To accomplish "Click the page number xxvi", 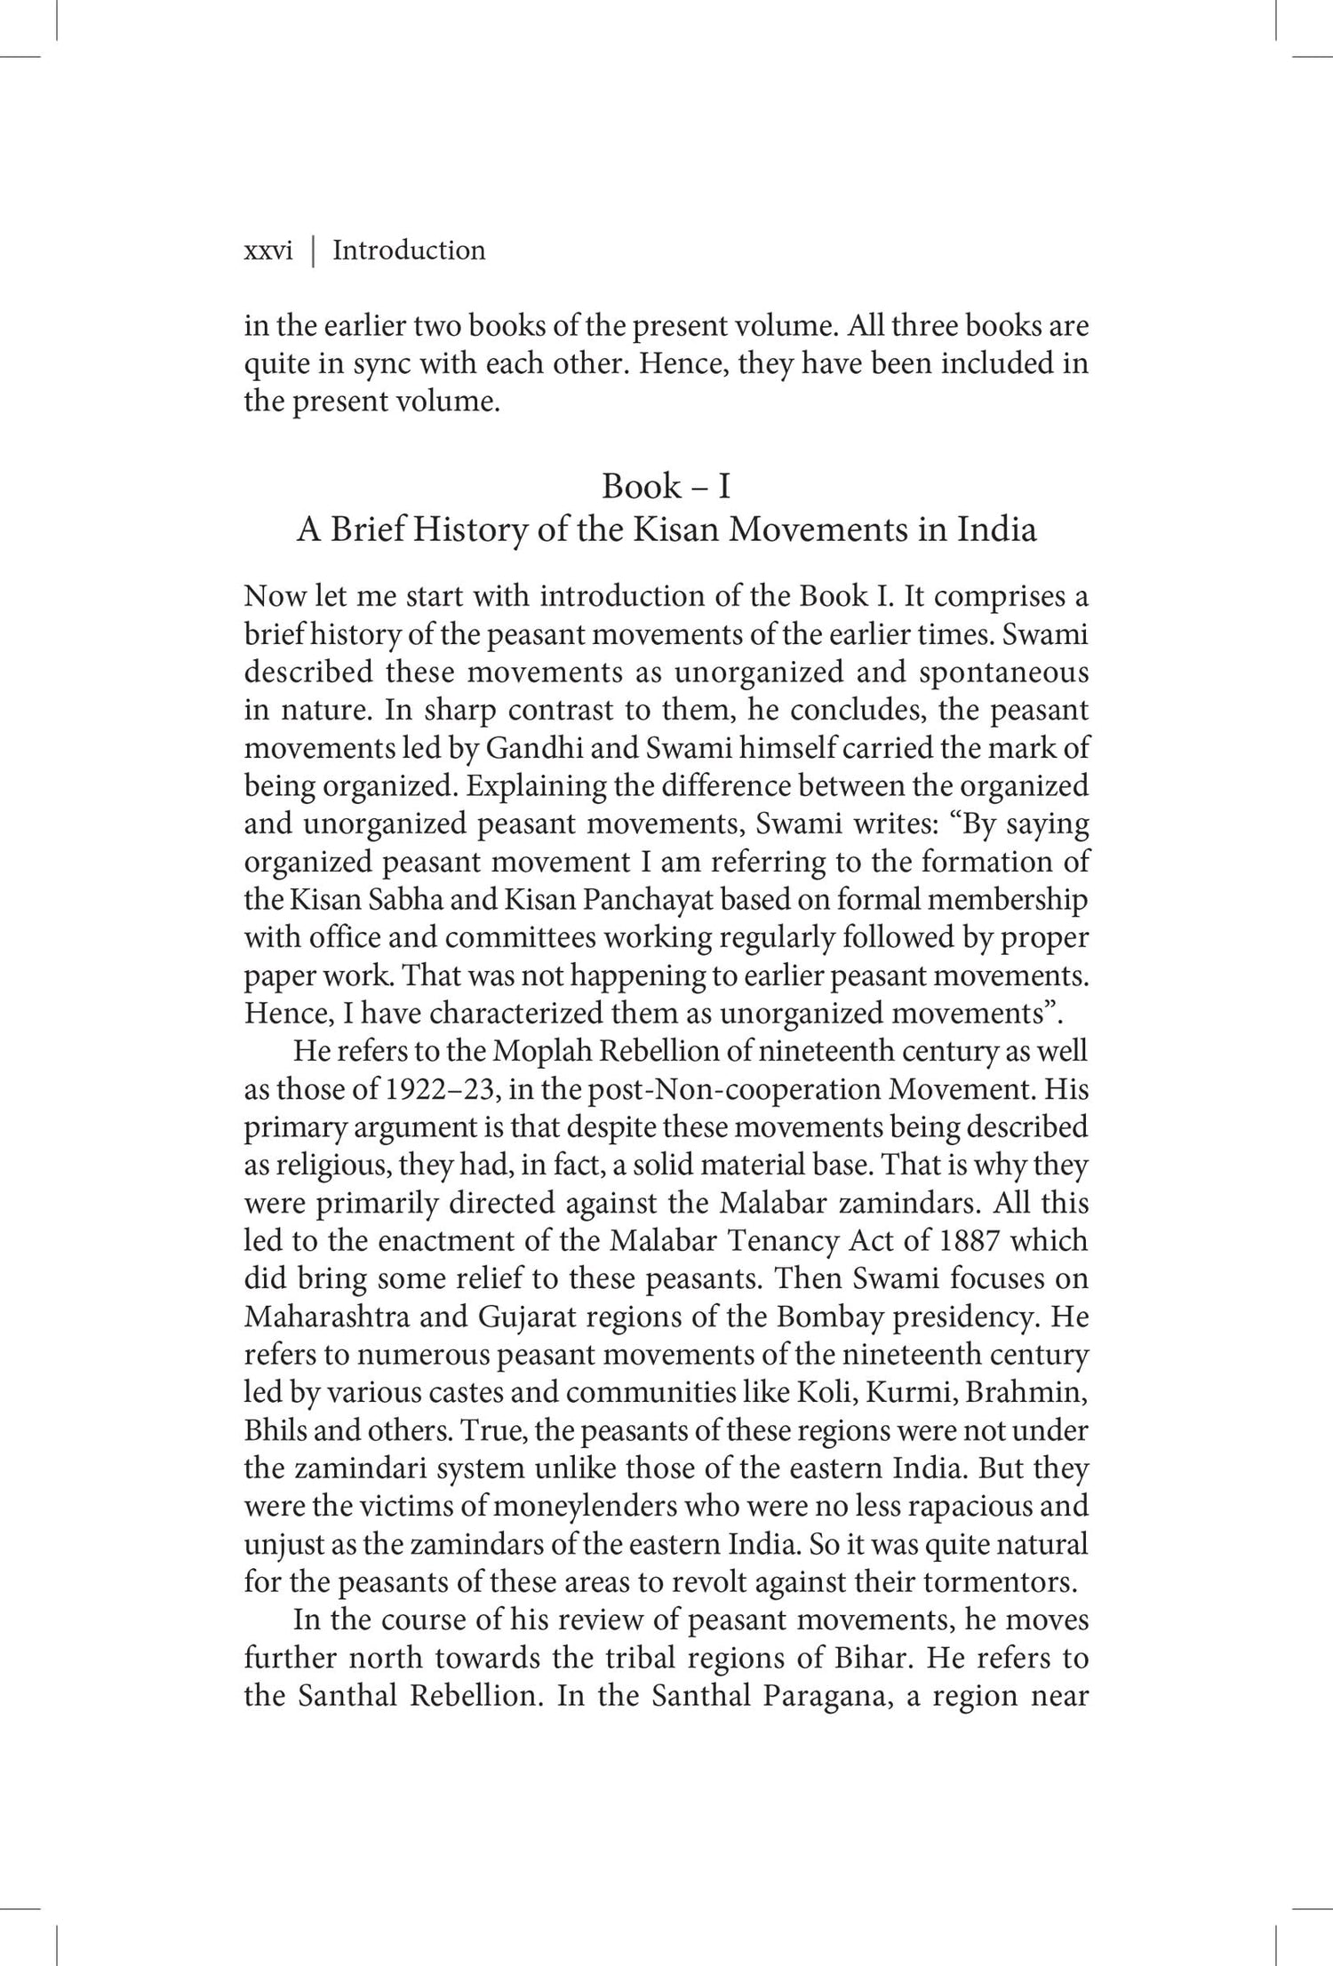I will coord(267,251).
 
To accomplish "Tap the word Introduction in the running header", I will coord(409,251).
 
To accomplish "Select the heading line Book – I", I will coord(666,486).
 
